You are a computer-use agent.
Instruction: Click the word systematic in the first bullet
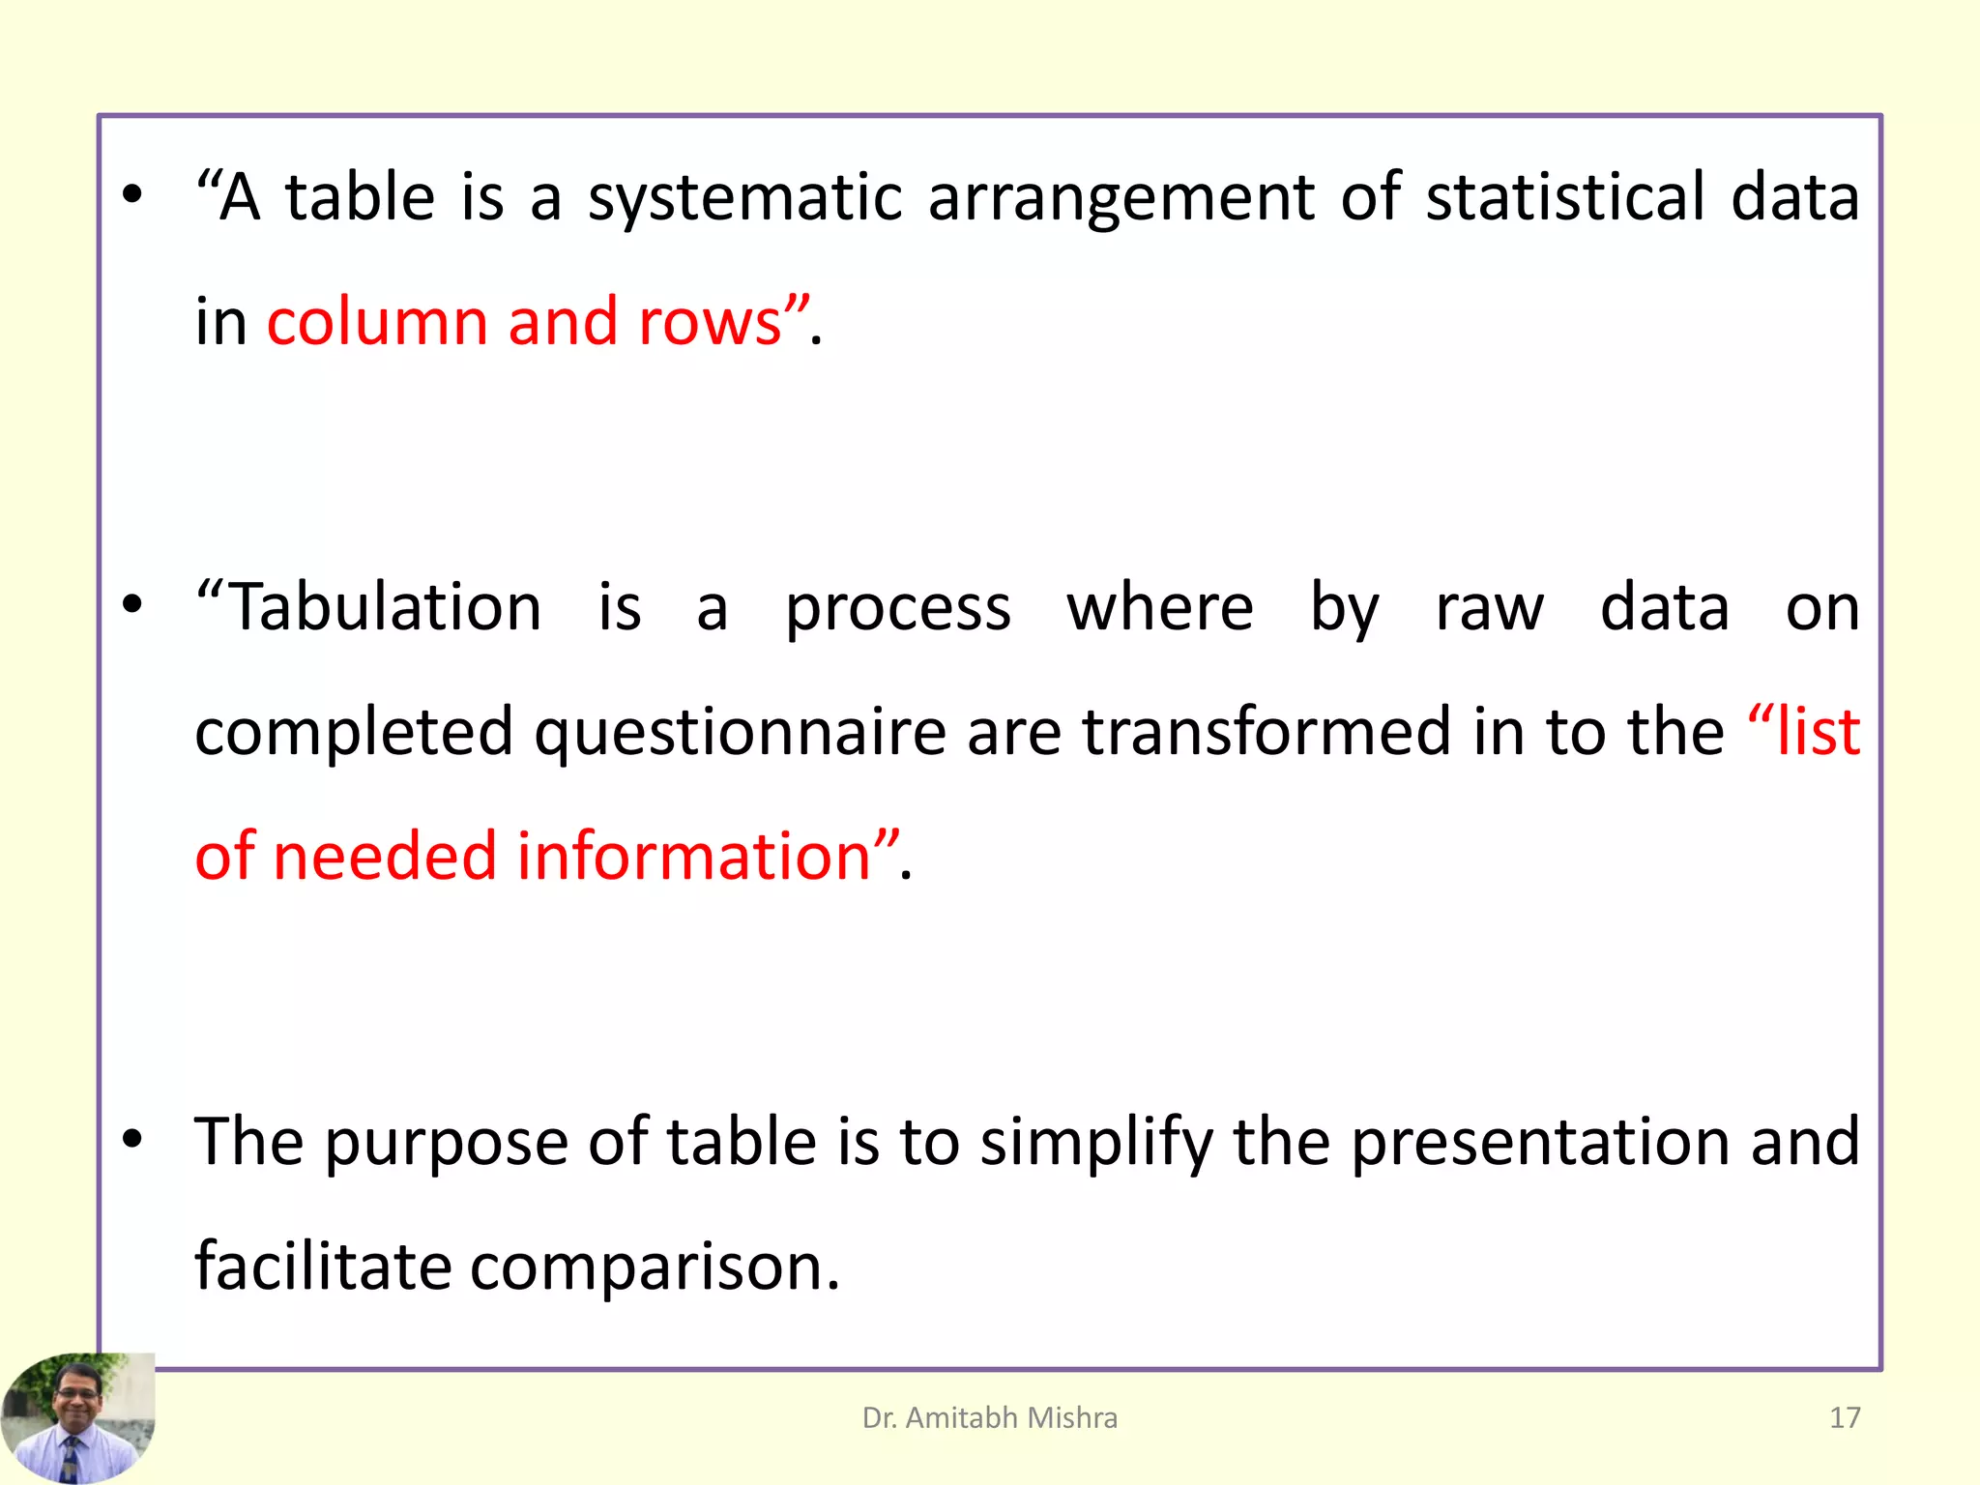(x=744, y=199)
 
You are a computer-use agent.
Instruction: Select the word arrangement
(x=1121, y=199)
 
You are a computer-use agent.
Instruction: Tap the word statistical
(x=1565, y=197)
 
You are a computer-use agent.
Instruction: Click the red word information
(x=694, y=857)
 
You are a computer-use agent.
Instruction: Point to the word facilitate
(x=323, y=1267)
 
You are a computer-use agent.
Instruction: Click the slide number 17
(x=1845, y=1417)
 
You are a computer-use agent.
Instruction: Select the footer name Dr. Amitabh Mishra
(x=989, y=1417)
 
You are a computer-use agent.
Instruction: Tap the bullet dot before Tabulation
(x=132, y=605)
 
